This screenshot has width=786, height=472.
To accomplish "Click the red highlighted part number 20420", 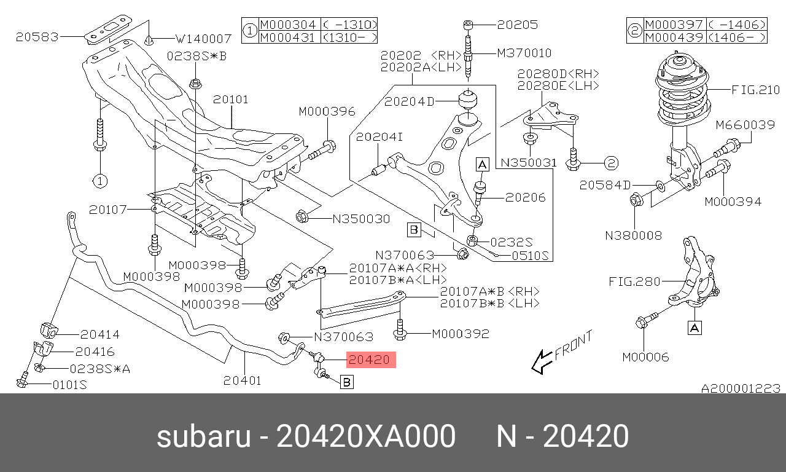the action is coord(371,360).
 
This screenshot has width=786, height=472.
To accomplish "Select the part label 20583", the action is coord(37,37).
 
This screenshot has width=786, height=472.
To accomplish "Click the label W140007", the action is coord(203,39).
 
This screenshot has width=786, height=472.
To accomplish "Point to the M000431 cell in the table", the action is coord(287,37).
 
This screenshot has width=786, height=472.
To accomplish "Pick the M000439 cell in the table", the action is coord(674,37).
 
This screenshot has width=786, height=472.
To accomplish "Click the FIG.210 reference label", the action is coord(755,90).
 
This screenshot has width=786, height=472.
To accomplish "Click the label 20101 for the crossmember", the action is coord(230,100).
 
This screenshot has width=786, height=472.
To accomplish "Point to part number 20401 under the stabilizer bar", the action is coord(243,380).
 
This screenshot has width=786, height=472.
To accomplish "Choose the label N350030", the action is coord(362,219).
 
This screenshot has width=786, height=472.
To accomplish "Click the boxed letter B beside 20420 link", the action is coord(347,382).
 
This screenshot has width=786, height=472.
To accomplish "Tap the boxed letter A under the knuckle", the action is coord(695,328).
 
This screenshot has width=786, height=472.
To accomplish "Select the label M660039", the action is coord(745,125).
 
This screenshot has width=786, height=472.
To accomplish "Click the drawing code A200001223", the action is coord(741,388).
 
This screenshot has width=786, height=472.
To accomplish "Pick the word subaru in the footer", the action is coord(204,436).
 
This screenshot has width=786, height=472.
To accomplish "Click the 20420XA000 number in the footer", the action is coord(366,436).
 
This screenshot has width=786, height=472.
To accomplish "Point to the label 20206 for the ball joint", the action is coord(525,198).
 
